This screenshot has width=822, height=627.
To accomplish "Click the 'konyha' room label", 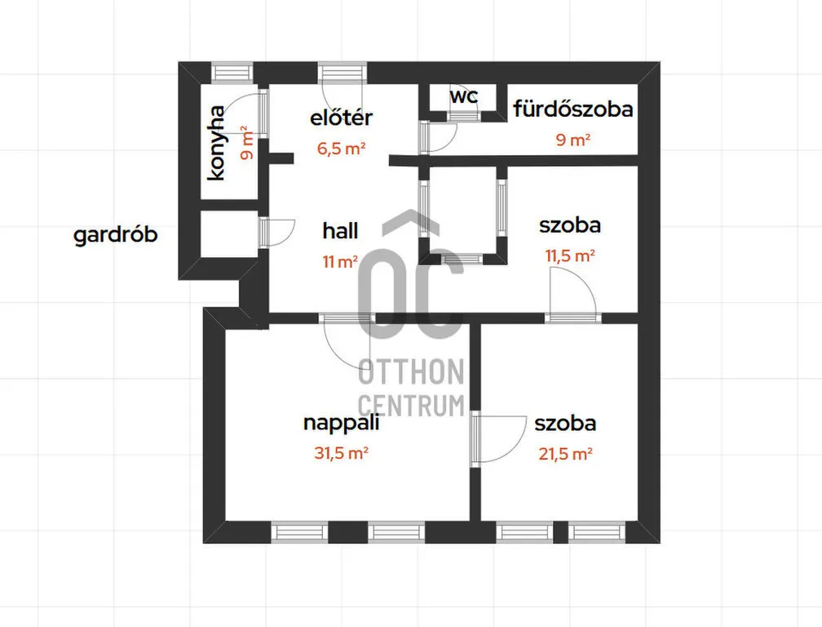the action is tap(217, 143).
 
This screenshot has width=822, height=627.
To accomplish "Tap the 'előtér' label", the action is tap(341, 117).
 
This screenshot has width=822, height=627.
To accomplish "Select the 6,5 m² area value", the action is tap(341, 149).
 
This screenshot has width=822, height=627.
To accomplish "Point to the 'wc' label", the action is tap(464, 96).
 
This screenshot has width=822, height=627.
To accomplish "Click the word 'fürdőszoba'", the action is tap(573, 109).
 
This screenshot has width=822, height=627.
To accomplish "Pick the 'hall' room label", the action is tap(340, 230).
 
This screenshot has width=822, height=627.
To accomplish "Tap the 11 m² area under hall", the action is tap(340, 261).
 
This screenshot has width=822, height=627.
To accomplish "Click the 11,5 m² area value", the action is tap(570, 256).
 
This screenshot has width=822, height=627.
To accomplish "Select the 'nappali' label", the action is tap(341, 423).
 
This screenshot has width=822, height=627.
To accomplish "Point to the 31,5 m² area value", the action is tap(341, 452).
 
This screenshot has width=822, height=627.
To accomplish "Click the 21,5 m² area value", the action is tap(566, 453).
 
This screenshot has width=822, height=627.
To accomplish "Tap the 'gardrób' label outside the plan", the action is tap(115, 234).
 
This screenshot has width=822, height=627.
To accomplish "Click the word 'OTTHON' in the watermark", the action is tap(411, 371).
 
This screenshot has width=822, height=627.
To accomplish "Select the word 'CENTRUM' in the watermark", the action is tap(411, 405).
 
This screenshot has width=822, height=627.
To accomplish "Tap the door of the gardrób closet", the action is tap(276, 232).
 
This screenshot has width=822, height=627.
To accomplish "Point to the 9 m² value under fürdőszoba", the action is tap(573, 140).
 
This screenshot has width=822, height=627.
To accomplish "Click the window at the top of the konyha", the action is tap(232, 72).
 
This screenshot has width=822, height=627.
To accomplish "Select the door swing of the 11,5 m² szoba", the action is tap(572, 294).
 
